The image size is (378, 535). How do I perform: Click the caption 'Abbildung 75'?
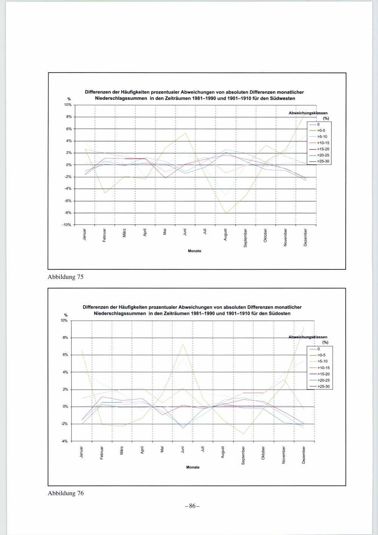[65, 277]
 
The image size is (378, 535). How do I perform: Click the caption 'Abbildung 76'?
[65, 493]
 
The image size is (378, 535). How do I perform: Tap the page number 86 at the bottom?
[192, 506]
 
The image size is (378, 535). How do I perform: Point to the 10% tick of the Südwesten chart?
[67, 105]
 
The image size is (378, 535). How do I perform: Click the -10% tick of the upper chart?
[66, 225]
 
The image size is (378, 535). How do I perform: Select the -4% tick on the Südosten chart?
[65, 441]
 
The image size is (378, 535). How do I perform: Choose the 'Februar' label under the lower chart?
[101, 453]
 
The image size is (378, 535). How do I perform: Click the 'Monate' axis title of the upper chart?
[195, 251]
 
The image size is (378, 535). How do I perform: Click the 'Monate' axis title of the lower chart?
[193, 467]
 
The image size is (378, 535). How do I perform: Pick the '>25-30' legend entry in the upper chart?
[323, 162]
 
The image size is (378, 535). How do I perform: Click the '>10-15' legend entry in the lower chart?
[324, 368]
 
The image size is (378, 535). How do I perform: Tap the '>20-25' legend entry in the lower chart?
[324, 380]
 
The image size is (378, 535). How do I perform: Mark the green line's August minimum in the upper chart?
[226, 213]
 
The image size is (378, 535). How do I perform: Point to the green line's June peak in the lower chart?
[183, 344]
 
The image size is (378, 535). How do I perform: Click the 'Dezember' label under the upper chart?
[305, 238]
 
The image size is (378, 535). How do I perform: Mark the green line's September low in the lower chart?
[243, 434]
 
